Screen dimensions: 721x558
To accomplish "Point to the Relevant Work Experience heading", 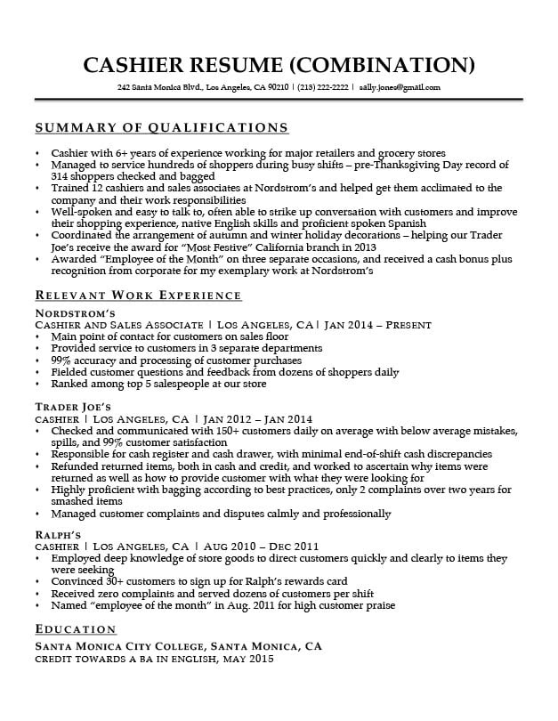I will coord(138,295).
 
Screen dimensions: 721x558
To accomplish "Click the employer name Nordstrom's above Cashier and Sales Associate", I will coord(75,314).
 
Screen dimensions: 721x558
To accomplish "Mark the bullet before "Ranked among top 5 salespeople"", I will coord(37,385).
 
